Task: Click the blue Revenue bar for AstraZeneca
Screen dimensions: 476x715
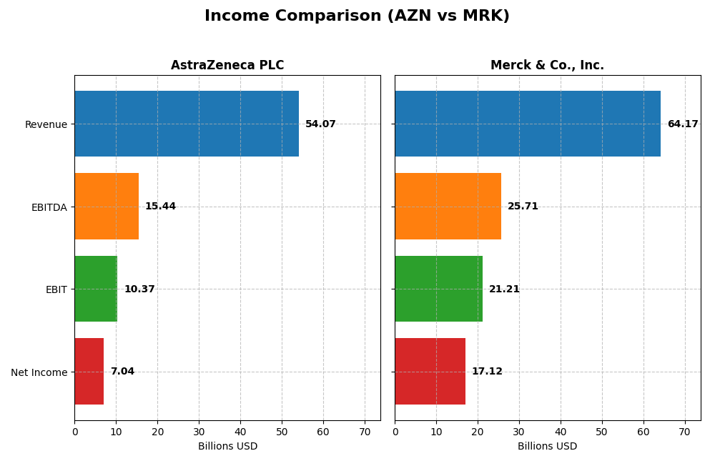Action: tap(186, 124)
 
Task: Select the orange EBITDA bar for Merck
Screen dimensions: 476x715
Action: tap(448, 207)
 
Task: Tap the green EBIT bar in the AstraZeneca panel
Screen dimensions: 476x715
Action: tap(96, 289)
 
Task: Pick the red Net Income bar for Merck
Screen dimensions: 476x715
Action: tap(430, 372)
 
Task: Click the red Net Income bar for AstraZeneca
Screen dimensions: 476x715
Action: tap(89, 372)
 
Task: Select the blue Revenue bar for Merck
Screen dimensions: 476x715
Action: tap(527, 124)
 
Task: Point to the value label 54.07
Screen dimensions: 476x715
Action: tap(320, 124)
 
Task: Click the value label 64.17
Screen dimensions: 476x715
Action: tap(682, 124)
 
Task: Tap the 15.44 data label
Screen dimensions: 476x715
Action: tap(160, 207)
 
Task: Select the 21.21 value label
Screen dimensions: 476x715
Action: tap(504, 289)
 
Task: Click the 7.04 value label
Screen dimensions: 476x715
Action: tap(122, 372)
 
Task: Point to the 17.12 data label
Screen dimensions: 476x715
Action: tap(487, 372)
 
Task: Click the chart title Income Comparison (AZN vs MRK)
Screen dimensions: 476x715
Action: tap(357, 16)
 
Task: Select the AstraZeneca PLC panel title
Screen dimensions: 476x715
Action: tap(227, 66)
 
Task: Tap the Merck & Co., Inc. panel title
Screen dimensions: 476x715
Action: tap(547, 66)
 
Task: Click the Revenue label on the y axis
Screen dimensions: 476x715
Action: tap(46, 124)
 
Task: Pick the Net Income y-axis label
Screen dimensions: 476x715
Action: tap(39, 372)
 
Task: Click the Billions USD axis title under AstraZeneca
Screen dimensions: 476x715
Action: tap(227, 447)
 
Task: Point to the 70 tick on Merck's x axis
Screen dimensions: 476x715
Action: tap(684, 432)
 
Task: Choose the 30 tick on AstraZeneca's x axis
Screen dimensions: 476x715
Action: tap(199, 432)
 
